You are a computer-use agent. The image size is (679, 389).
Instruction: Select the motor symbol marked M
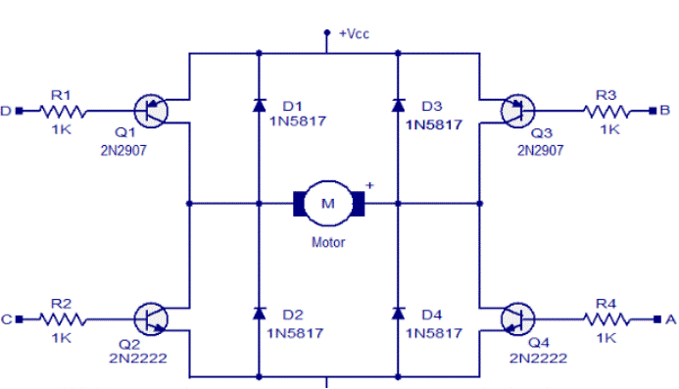click(x=328, y=204)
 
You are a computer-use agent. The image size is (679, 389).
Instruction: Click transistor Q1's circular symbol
click(x=148, y=112)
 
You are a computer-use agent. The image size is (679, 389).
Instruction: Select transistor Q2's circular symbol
click(x=148, y=318)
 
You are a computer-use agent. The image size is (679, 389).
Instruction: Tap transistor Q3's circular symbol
click(x=516, y=112)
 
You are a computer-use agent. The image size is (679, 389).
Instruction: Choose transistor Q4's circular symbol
click(x=516, y=318)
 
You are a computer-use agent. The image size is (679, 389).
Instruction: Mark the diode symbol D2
click(x=259, y=313)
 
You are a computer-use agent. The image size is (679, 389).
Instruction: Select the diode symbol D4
click(x=398, y=313)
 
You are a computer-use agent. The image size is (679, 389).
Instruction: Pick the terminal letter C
click(x=7, y=318)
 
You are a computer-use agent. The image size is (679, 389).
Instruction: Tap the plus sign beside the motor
click(x=370, y=184)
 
